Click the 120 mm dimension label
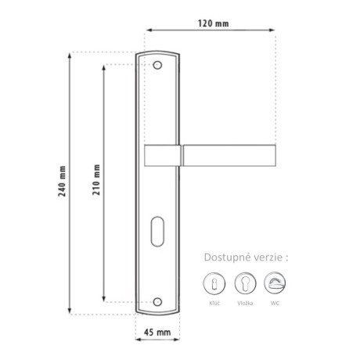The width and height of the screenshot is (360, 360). (213, 23)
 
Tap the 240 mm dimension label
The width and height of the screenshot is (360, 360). (62, 181)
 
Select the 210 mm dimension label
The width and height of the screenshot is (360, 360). (96, 179)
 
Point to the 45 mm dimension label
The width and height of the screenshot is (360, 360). (157, 333)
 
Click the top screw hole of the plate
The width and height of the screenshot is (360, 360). (157, 65)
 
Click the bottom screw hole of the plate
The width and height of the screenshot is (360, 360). (157, 302)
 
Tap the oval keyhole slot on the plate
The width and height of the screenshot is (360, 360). (157, 232)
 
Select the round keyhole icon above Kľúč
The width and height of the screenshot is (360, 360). (214, 283)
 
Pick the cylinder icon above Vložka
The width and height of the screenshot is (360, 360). (245, 283)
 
